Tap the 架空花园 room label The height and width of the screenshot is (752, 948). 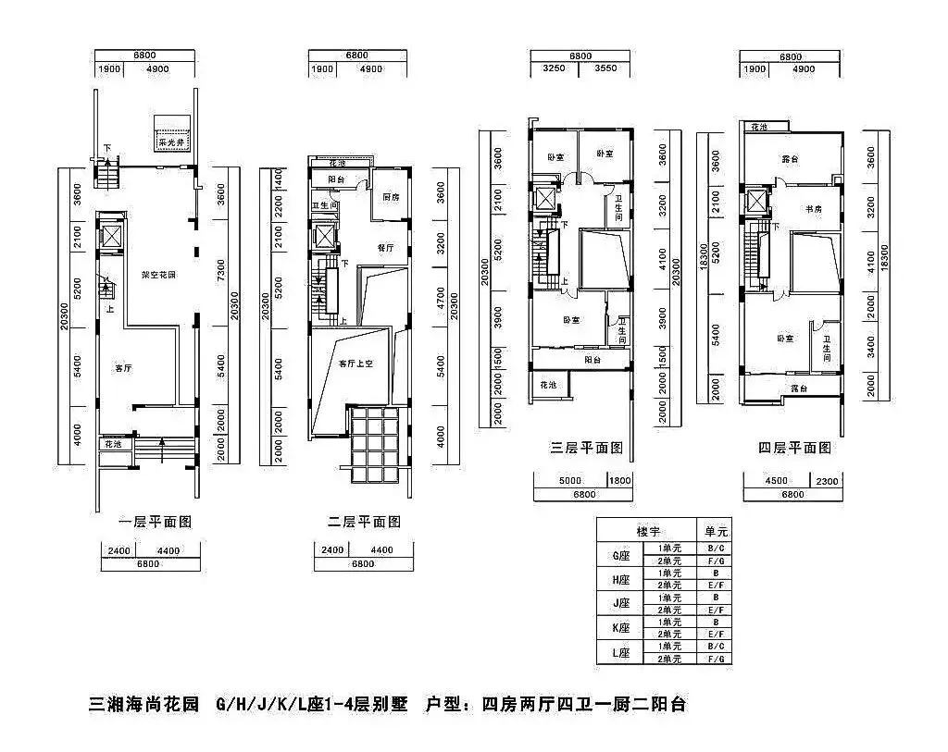(x=158, y=276)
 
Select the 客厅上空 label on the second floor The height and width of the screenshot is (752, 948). (x=355, y=364)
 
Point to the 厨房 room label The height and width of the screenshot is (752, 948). (x=391, y=197)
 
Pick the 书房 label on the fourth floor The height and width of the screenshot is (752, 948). (x=814, y=210)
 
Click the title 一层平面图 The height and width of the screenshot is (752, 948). (x=156, y=522)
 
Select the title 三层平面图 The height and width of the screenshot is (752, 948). (x=586, y=449)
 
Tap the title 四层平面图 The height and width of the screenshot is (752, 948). (x=794, y=449)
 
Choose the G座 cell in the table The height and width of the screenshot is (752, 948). (x=620, y=556)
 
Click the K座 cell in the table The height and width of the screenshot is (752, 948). (x=620, y=628)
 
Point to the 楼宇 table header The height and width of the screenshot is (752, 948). (x=647, y=532)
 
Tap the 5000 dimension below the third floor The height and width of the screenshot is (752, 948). (x=570, y=480)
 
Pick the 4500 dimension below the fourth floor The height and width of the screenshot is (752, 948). (x=776, y=480)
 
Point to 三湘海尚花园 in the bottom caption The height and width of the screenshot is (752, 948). (x=143, y=705)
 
